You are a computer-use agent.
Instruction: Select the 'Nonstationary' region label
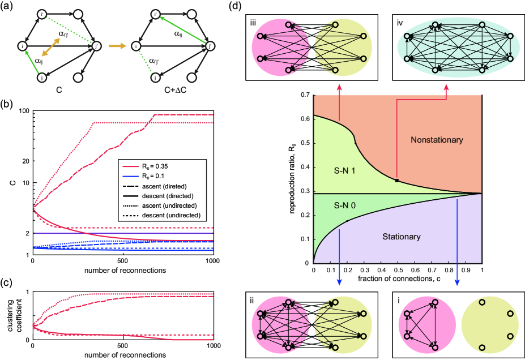point(438,139)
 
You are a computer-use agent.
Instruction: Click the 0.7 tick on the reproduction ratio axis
point(305,96)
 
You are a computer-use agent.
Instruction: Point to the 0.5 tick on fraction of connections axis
point(397,271)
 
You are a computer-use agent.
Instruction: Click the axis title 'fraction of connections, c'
point(396,279)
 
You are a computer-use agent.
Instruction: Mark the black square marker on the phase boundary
point(397,181)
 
